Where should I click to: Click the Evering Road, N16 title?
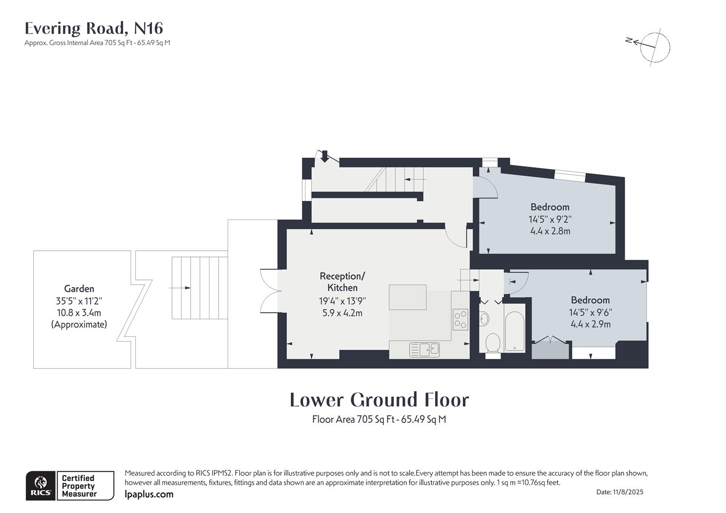coord(94,28)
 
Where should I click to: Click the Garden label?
coord(79,289)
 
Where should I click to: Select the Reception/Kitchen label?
coord(342,282)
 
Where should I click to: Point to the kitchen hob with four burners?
coord(460,319)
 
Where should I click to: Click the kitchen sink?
coord(424,350)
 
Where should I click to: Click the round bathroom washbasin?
coord(484,319)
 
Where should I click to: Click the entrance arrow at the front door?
coord(325,155)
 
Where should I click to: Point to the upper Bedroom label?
coord(550,207)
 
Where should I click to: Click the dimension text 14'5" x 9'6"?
coord(590,313)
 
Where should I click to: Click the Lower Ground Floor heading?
coord(379,400)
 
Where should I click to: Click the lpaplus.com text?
coord(149,494)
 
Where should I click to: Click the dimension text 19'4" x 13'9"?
coord(342,301)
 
